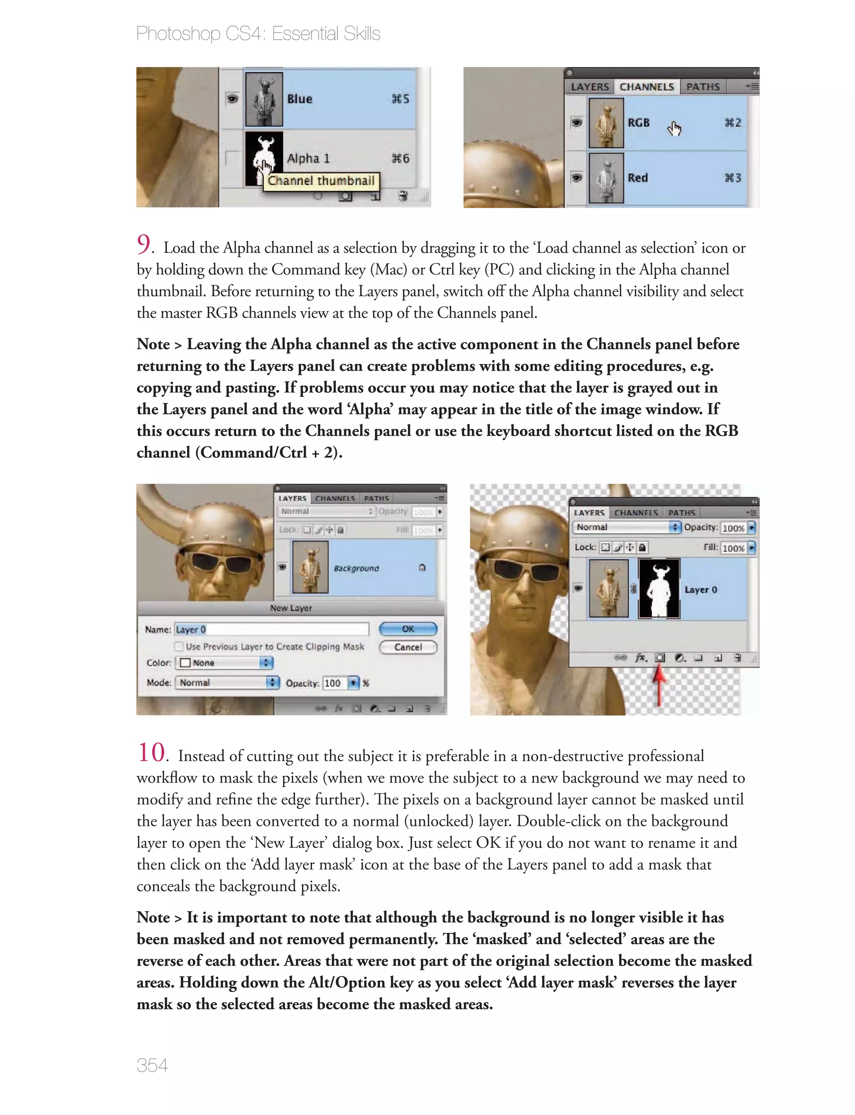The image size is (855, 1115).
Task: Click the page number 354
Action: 152,1065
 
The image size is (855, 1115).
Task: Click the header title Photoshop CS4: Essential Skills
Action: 258,33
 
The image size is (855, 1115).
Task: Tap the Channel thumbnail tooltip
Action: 321,181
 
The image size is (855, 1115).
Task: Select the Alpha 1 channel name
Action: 309,158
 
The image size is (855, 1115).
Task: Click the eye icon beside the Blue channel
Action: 232,99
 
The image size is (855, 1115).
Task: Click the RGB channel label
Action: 638,123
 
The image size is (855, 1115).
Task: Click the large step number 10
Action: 151,752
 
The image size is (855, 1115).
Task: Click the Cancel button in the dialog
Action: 407,647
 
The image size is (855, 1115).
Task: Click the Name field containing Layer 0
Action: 271,629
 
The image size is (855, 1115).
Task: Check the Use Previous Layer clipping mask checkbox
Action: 179,647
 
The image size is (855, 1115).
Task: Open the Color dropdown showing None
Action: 224,663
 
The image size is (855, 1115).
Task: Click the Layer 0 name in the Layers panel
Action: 700,589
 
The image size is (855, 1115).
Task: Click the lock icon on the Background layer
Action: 422,568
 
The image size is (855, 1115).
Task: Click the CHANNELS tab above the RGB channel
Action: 646,87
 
